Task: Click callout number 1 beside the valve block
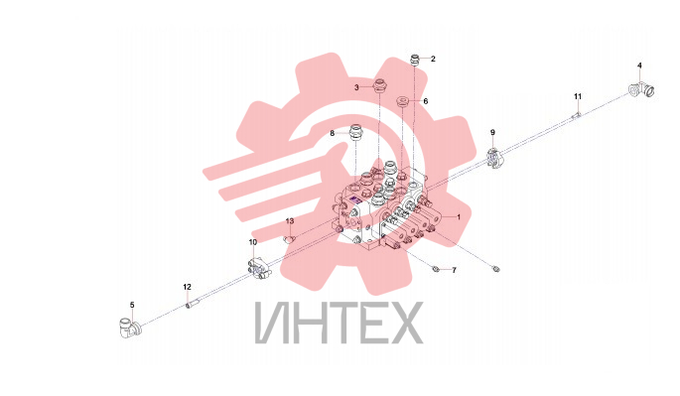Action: pyautogui.click(x=459, y=217)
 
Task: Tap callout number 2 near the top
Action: pyautogui.click(x=433, y=59)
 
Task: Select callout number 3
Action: pyautogui.click(x=356, y=87)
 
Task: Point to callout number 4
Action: pyautogui.click(x=639, y=66)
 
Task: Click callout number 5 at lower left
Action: pyautogui.click(x=132, y=305)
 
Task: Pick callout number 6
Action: pyautogui.click(x=426, y=101)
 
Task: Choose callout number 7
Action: pyautogui.click(x=454, y=270)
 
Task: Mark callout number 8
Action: pyautogui.click(x=333, y=133)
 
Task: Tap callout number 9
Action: pyautogui.click(x=492, y=132)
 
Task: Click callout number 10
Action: pyautogui.click(x=253, y=242)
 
